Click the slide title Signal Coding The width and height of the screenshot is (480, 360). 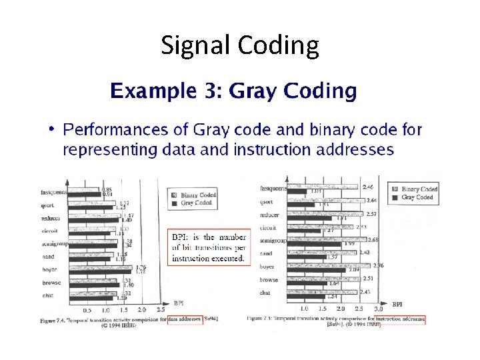click(240, 45)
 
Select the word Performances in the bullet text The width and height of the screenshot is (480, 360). click(118, 129)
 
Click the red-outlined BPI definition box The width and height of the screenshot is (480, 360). click(208, 247)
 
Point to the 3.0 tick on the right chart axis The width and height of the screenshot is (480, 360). click(379, 309)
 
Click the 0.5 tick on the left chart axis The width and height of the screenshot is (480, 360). click(87, 310)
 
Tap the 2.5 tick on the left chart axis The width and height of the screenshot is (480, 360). click(160, 310)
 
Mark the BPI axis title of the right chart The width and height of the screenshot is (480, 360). click(397, 304)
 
